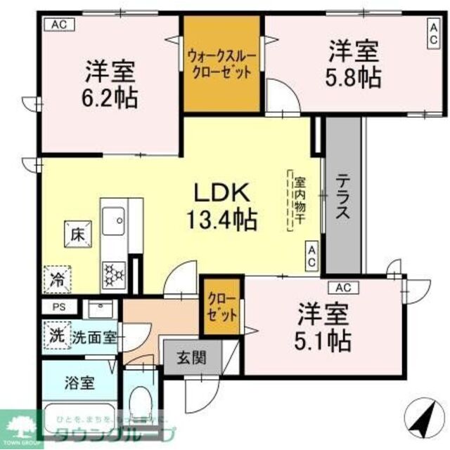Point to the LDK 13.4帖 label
tap(221, 206)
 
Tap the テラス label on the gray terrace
tap(342, 197)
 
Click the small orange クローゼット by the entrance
tap(221, 305)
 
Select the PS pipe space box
tap(56, 307)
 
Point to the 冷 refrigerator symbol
tap(56, 279)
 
